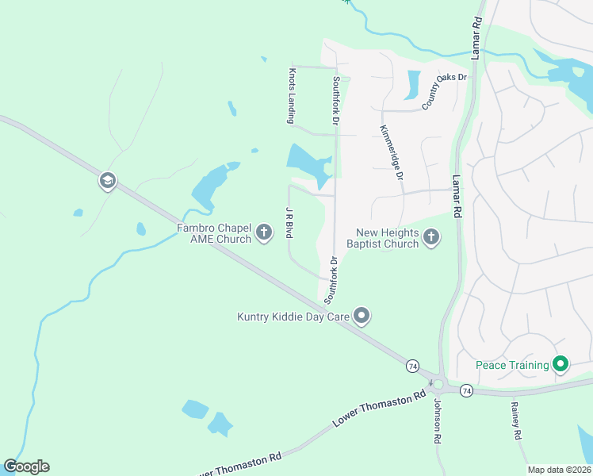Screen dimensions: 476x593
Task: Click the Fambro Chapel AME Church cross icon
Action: (x=264, y=232)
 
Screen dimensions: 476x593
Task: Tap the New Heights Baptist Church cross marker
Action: (x=431, y=236)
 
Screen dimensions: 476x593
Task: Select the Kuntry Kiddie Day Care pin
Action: (x=362, y=317)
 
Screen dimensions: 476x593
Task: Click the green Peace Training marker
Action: (x=561, y=365)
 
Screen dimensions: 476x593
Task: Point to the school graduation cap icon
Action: (x=107, y=182)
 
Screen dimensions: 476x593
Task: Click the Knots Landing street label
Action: (x=290, y=94)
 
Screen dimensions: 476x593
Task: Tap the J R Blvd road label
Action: (x=289, y=221)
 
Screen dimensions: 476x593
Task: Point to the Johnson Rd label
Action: (x=436, y=420)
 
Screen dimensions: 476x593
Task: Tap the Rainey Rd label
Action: (x=515, y=420)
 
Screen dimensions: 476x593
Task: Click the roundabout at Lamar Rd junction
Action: (x=438, y=385)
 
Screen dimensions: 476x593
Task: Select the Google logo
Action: (x=26, y=466)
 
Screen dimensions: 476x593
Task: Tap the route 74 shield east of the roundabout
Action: (x=466, y=390)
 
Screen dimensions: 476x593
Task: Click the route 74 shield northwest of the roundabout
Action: (x=412, y=366)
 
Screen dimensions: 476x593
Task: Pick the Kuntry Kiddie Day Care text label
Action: (x=293, y=317)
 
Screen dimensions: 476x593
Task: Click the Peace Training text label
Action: (x=512, y=365)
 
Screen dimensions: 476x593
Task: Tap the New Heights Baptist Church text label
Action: (x=387, y=238)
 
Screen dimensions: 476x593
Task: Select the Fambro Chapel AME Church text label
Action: (x=214, y=233)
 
